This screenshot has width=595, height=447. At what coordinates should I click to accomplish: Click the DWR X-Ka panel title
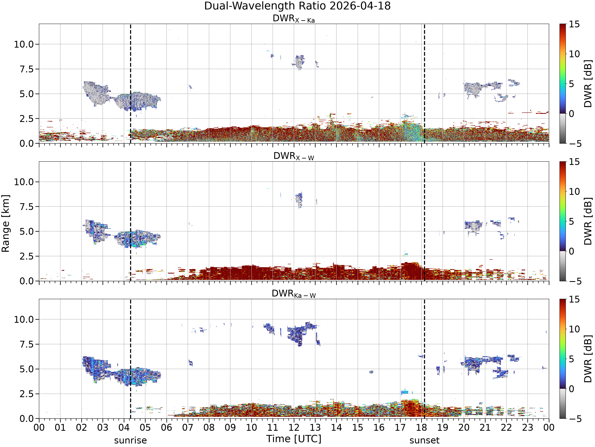294,19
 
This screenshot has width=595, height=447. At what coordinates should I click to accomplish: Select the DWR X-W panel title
294,156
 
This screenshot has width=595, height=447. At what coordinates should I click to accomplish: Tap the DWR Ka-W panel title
294,294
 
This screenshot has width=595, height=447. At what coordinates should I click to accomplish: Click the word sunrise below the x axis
131,440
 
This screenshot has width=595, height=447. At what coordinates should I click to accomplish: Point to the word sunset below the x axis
424,440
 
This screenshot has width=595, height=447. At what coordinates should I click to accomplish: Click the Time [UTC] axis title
294,439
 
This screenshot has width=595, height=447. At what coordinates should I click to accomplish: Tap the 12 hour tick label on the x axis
294,428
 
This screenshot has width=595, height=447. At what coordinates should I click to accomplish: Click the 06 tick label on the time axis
167,428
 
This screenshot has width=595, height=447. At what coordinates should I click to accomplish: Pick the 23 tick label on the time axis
528,428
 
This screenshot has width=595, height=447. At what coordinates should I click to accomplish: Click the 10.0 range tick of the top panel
24,44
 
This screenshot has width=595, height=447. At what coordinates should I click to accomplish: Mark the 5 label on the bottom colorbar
571,359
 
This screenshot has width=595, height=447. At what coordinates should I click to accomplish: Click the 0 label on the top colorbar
571,114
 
